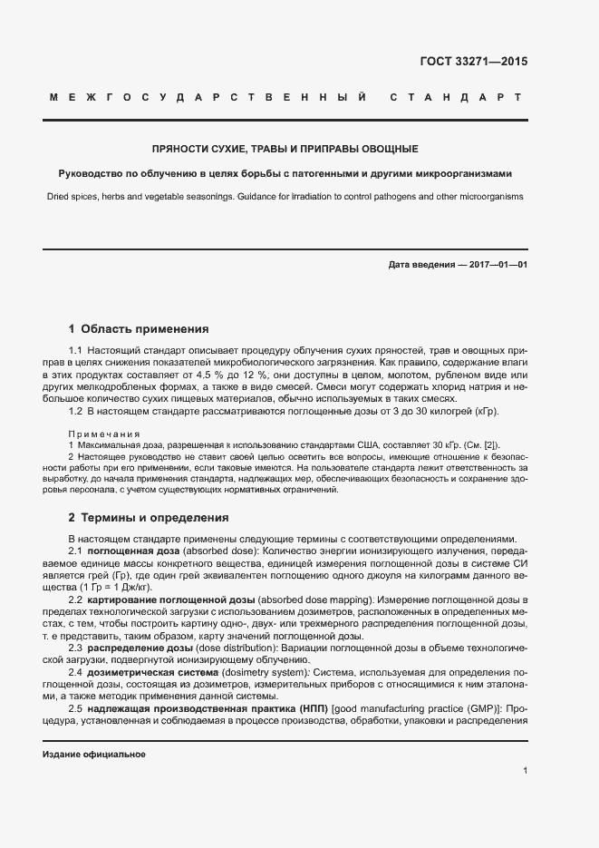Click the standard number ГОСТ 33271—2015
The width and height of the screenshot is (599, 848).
[473, 63]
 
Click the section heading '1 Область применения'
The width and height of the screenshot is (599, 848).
[139, 329]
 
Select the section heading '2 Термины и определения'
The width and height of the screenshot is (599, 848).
[149, 518]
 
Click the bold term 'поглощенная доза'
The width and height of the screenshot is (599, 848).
[134, 552]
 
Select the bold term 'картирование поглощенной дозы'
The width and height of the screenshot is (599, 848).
[171, 600]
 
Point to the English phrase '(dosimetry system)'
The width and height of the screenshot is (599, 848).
[263, 671]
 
